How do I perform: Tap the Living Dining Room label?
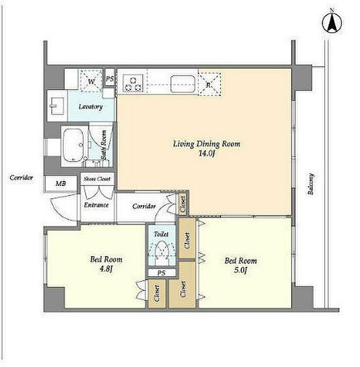click(x=207, y=144)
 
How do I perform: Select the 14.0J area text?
click(x=207, y=154)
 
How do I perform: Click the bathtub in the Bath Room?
click(x=74, y=145)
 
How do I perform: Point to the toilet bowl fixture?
click(x=161, y=250)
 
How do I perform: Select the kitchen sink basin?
click(x=183, y=84)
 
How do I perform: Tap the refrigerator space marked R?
click(x=210, y=84)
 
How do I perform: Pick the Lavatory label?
click(x=91, y=107)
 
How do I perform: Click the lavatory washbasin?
click(x=57, y=106)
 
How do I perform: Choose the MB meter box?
click(x=61, y=183)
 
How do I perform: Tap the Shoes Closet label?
click(x=97, y=179)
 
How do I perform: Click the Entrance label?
click(x=96, y=205)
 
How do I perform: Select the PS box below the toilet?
click(x=161, y=273)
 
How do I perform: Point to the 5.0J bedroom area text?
click(x=241, y=270)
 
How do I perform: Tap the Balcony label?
click(x=311, y=184)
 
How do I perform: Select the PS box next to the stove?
click(x=110, y=78)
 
